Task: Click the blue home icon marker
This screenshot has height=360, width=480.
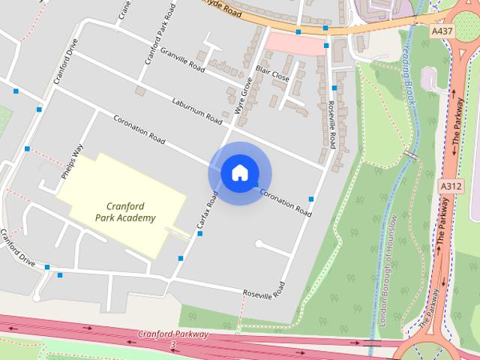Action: click(239, 173)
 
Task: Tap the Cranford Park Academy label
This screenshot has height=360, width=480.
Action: click(125, 212)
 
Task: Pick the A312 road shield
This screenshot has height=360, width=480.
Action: click(451, 185)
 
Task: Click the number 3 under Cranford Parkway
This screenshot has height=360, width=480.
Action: click(173, 344)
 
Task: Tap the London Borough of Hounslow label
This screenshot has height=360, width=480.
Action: click(388, 270)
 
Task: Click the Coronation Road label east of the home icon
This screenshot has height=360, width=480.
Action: click(285, 202)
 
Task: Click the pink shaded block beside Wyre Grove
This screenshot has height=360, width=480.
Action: click(292, 43)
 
